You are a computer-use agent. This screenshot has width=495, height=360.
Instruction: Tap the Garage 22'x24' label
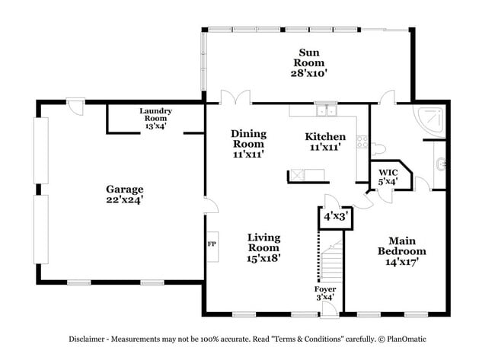coord(124,194)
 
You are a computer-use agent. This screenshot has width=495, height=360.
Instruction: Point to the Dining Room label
coord(247,143)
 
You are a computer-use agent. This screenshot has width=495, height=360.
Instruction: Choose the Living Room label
coord(263,247)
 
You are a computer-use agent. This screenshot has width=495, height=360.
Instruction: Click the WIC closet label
coord(388,177)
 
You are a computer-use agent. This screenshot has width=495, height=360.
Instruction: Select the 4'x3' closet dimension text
coord(335,216)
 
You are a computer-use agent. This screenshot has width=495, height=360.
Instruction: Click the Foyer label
coord(325,293)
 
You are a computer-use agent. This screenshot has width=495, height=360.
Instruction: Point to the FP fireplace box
coord(212,245)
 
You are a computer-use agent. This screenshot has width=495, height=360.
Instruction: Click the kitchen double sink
coord(327,111)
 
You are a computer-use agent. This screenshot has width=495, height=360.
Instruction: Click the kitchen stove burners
coord(362,142)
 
